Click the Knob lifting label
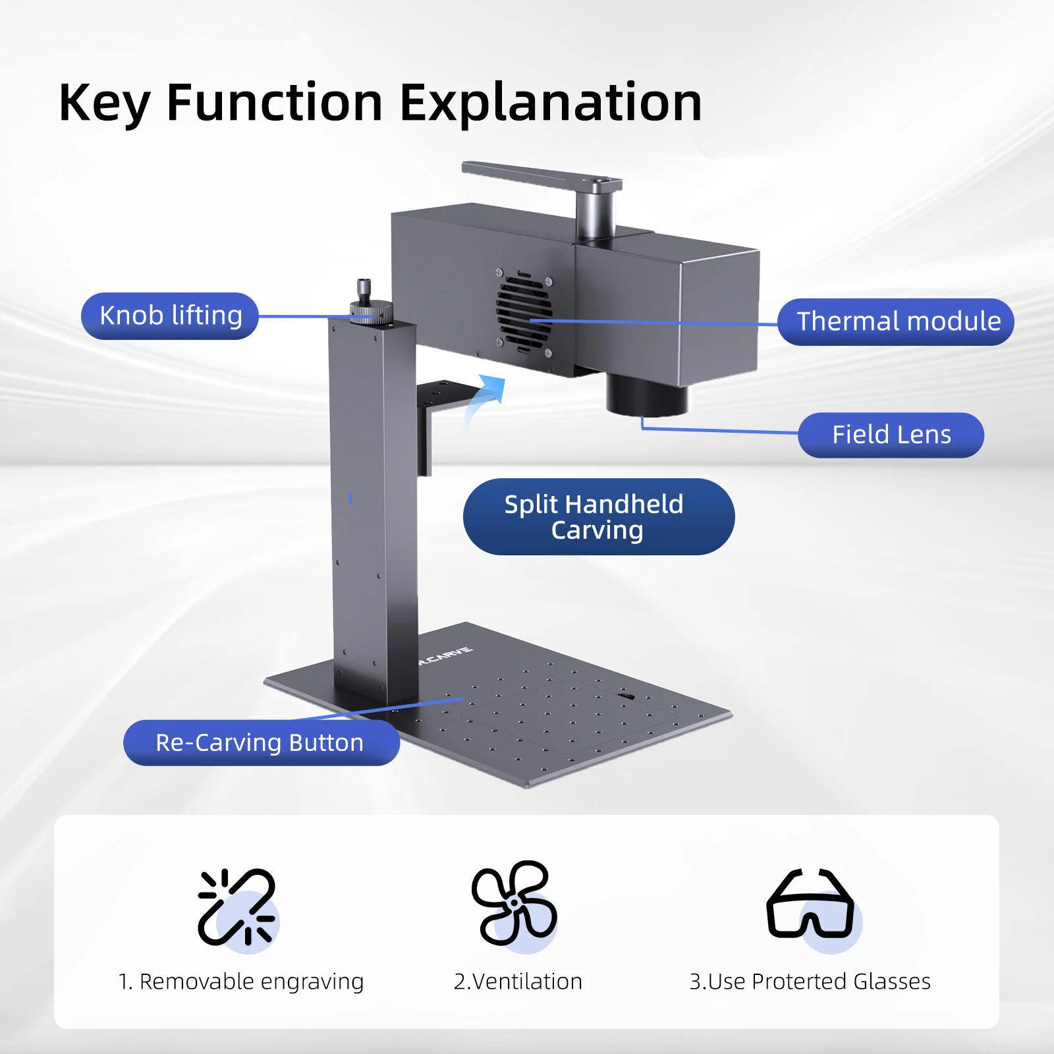(x=170, y=316)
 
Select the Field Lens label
(x=891, y=435)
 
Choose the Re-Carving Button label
(x=261, y=742)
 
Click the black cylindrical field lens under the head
(x=646, y=395)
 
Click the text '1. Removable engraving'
(x=241, y=982)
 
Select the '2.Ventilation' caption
(x=518, y=982)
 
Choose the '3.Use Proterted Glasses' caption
(x=810, y=982)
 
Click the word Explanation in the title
(x=551, y=103)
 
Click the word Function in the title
(x=274, y=103)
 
